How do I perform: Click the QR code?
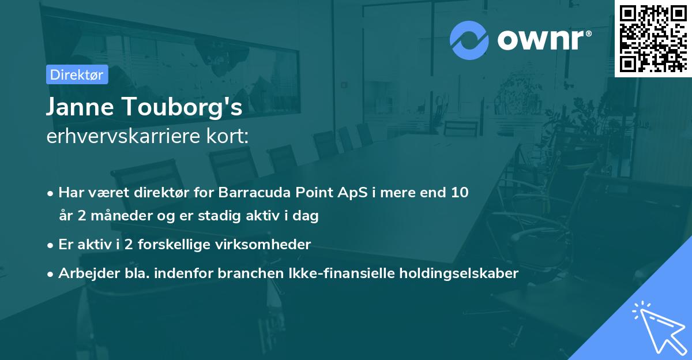(x=653, y=38)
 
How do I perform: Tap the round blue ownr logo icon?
(x=469, y=40)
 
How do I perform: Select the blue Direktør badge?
(x=77, y=74)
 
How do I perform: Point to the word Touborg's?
(x=185, y=108)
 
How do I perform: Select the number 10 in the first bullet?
(x=460, y=192)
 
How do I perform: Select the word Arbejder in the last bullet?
(x=85, y=273)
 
